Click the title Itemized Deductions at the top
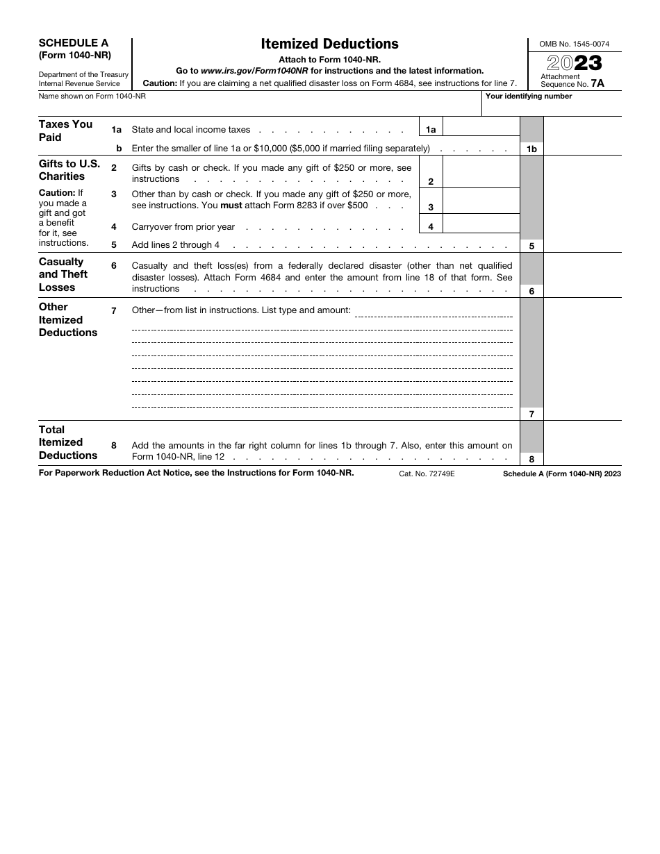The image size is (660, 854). (329, 44)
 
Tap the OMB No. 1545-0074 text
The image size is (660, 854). (575, 44)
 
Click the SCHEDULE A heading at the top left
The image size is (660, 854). (73, 43)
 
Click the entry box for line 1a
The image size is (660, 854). (481, 126)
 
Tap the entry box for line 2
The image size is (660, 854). (481, 172)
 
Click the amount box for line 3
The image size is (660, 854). (481, 201)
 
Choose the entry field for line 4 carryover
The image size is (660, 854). (481, 224)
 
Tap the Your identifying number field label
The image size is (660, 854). (529, 97)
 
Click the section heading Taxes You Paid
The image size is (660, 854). (65, 131)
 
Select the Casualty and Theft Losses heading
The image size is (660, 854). (63, 274)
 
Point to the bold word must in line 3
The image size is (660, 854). (231, 206)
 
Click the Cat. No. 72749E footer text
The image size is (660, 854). (427, 474)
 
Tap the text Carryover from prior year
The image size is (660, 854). (183, 227)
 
